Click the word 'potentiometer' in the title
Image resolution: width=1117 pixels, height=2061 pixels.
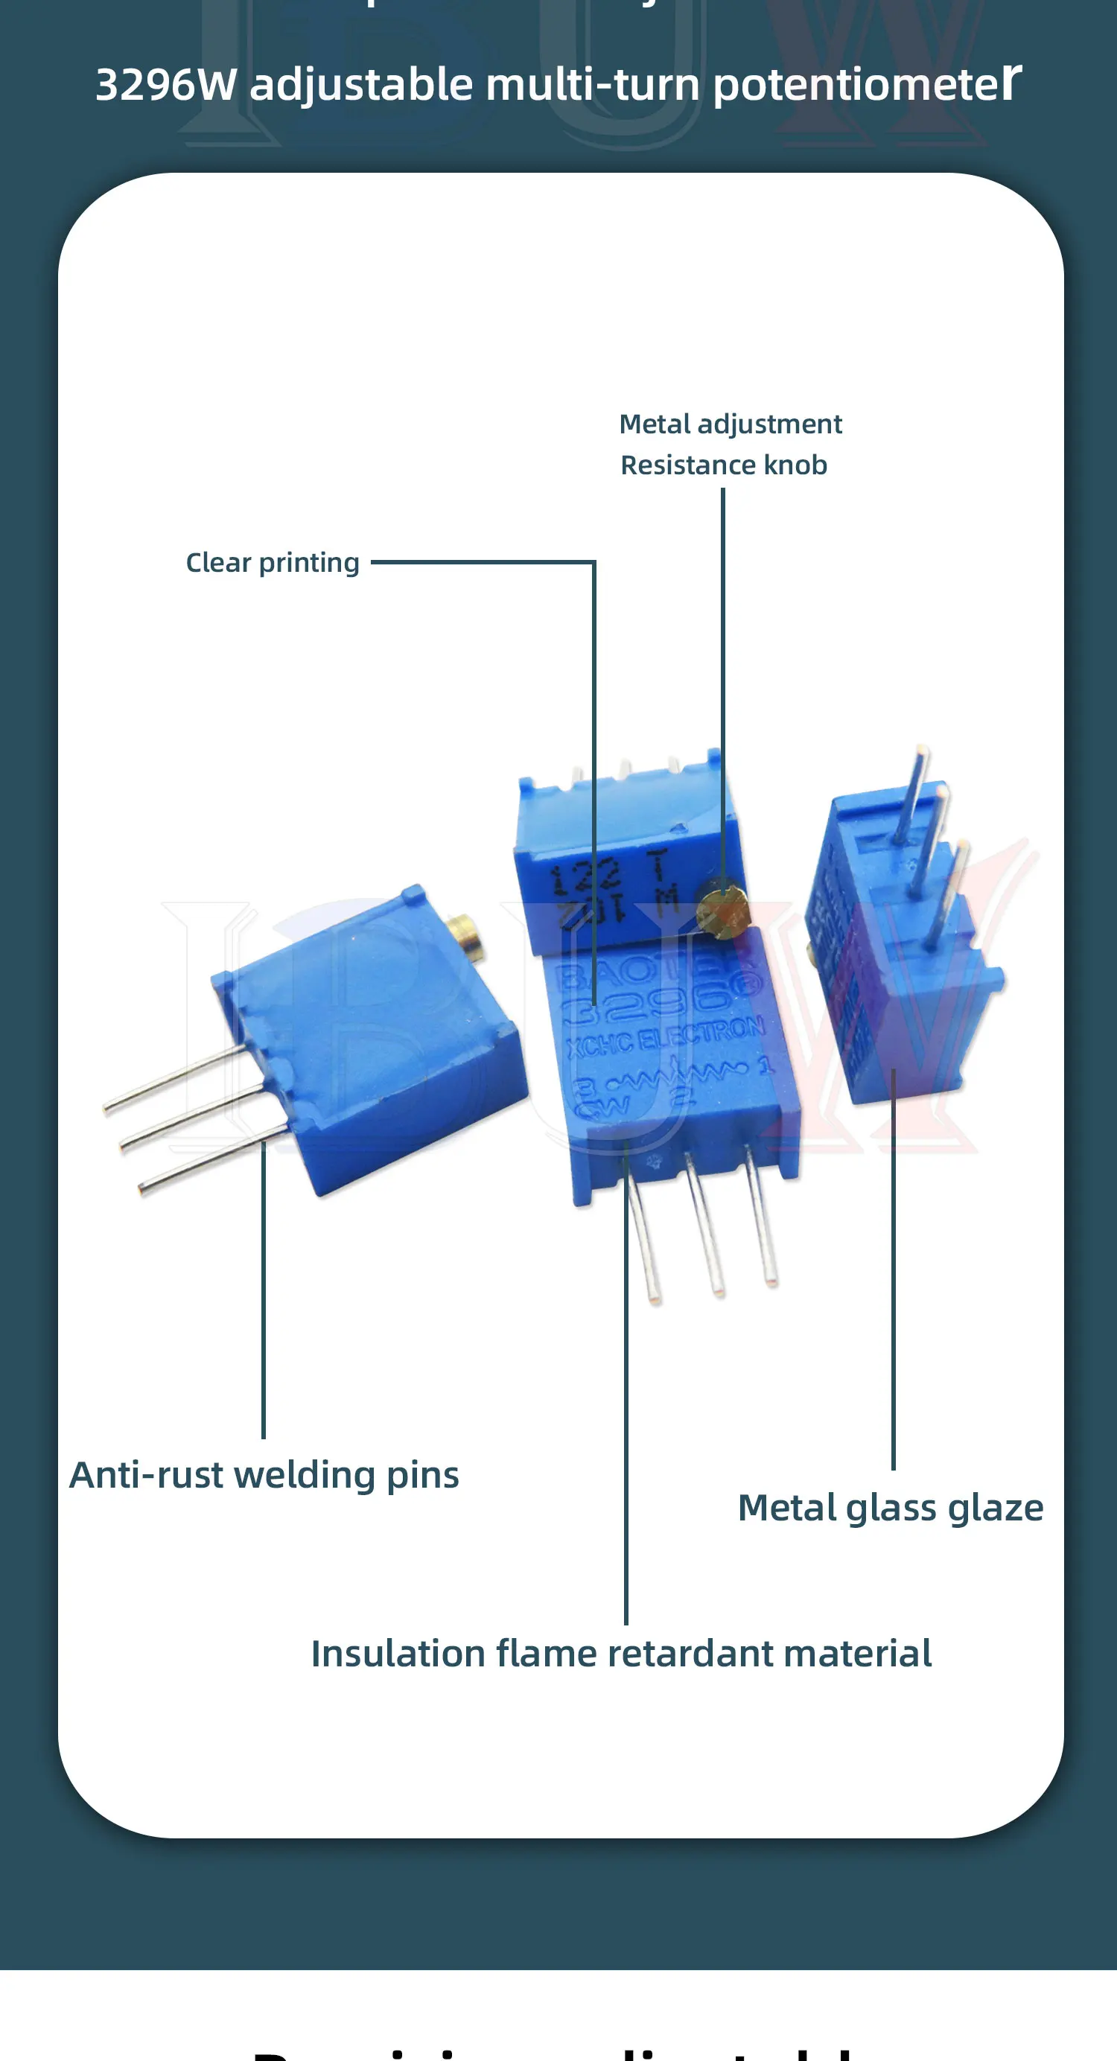pyautogui.click(x=867, y=84)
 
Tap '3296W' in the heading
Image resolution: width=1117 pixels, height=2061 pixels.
pyautogui.click(x=166, y=84)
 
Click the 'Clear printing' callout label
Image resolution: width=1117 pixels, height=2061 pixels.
pyautogui.click(x=272, y=562)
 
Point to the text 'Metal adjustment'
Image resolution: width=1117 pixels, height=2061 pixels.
pyautogui.click(x=730, y=424)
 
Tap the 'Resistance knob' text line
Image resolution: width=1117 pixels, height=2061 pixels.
pyautogui.click(x=723, y=465)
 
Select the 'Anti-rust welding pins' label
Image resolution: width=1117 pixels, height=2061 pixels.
pyautogui.click(x=264, y=1474)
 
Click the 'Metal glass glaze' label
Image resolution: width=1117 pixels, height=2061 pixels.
pyautogui.click(x=890, y=1507)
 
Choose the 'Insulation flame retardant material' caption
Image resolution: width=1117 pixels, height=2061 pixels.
pyautogui.click(x=621, y=1653)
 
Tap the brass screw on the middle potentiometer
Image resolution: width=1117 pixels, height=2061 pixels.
pyautogui.click(x=722, y=911)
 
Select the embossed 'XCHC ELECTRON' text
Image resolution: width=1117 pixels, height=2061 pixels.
pyautogui.click(x=664, y=1039)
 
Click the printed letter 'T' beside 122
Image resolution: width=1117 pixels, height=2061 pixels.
pyautogui.click(x=658, y=866)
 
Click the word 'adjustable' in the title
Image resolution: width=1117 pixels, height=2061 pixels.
pyautogui.click(x=361, y=84)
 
